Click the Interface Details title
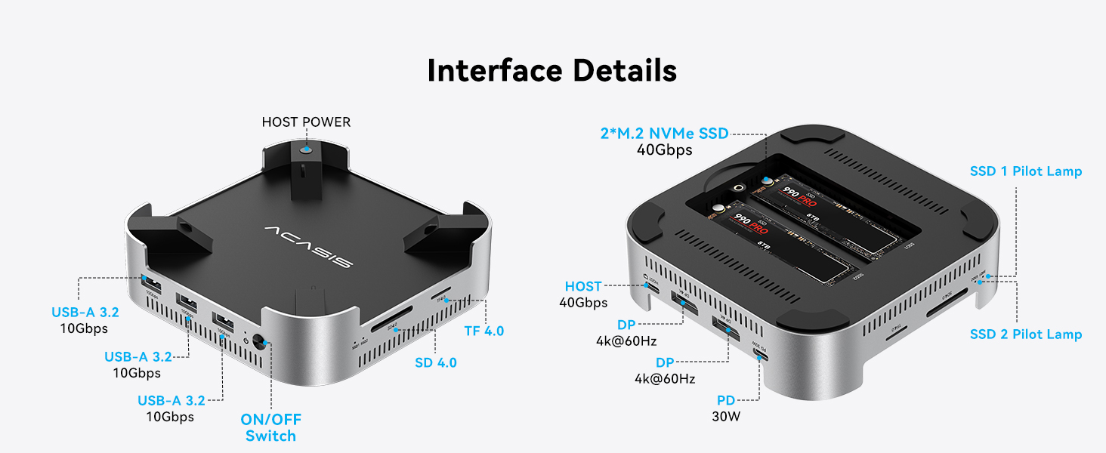[x=551, y=70]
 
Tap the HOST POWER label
[x=306, y=122]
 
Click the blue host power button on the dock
[x=305, y=151]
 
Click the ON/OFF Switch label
[x=270, y=427]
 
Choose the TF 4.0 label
[x=483, y=331]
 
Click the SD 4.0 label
[x=436, y=362]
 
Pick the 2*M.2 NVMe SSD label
[x=664, y=134]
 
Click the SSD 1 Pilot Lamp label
[x=1026, y=171]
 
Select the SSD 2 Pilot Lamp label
[x=1026, y=334]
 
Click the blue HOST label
[x=583, y=286]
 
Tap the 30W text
[x=726, y=416]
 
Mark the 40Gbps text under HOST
[x=583, y=303]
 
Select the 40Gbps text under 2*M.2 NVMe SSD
[x=664, y=150]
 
